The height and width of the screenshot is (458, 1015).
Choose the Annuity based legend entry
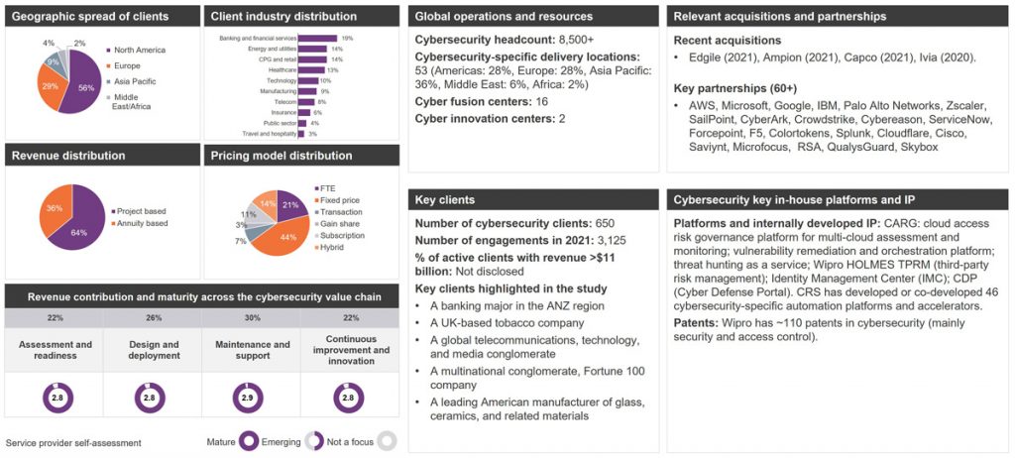click(x=143, y=223)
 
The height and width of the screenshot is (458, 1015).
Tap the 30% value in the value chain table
click(x=247, y=317)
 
